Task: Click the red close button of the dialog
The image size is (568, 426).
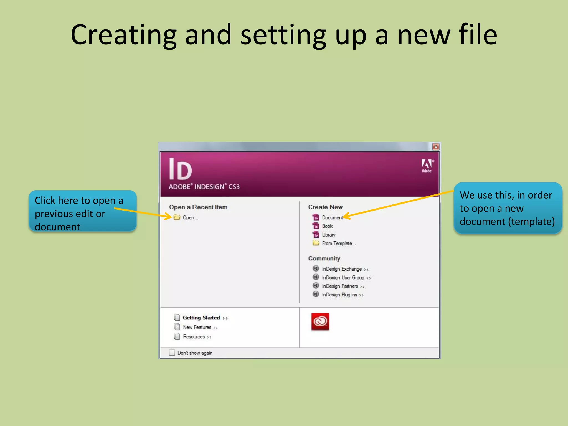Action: [x=436, y=147]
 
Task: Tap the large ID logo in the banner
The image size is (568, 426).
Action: [x=180, y=169]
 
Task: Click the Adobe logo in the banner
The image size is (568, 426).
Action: [x=427, y=166]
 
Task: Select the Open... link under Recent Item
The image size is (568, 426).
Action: [x=190, y=218]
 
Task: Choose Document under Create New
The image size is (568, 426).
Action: [x=332, y=218]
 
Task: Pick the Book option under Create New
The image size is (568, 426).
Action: [x=327, y=226]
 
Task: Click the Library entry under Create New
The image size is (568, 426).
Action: [x=329, y=235]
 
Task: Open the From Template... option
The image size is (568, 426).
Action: [x=339, y=244]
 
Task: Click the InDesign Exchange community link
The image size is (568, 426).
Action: [x=342, y=269]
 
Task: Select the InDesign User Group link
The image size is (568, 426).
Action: [x=343, y=278]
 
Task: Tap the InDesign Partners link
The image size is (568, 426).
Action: [x=340, y=286]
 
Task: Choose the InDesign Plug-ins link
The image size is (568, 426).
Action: [x=340, y=295]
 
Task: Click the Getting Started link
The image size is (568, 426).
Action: [x=202, y=318]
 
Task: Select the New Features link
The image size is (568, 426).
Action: [x=197, y=327]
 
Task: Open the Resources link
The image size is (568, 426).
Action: [x=194, y=337]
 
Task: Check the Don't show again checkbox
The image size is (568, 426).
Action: [x=172, y=353]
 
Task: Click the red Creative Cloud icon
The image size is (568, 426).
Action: [x=320, y=322]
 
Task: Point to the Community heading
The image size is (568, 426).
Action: [x=324, y=258]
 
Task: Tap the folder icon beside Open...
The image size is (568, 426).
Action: [x=177, y=217]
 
